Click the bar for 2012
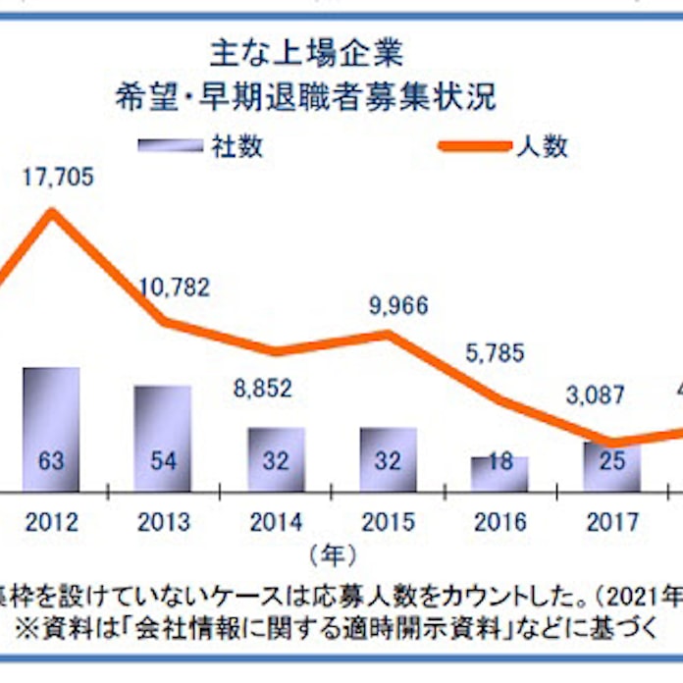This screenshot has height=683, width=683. click(x=51, y=429)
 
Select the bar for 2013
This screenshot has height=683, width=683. click(x=163, y=438)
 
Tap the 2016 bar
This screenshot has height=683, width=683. click(x=499, y=473)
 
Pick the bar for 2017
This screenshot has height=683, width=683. click(x=611, y=466)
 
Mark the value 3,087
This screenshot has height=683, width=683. click(x=600, y=396)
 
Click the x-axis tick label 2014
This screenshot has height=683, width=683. click(x=276, y=520)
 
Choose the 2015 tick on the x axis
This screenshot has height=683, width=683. click(x=388, y=520)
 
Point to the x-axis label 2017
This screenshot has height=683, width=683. click(x=612, y=520)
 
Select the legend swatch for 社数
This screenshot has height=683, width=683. click(x=170, y=146)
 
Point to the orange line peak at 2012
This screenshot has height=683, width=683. click(x=52, y=211)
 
